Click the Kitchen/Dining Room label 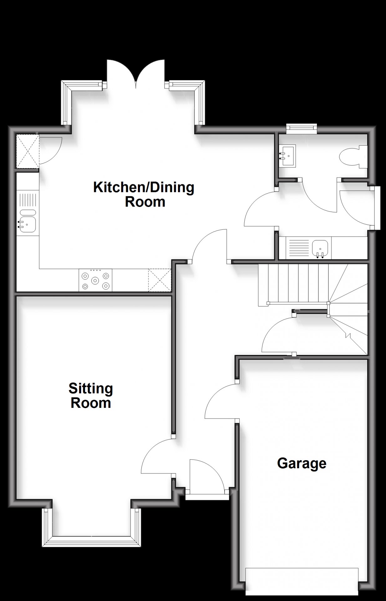point(144,194)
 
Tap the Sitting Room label point(91,396)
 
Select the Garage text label point(302,464)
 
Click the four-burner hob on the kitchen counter point(95,280)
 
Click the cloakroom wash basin point(287,156)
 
